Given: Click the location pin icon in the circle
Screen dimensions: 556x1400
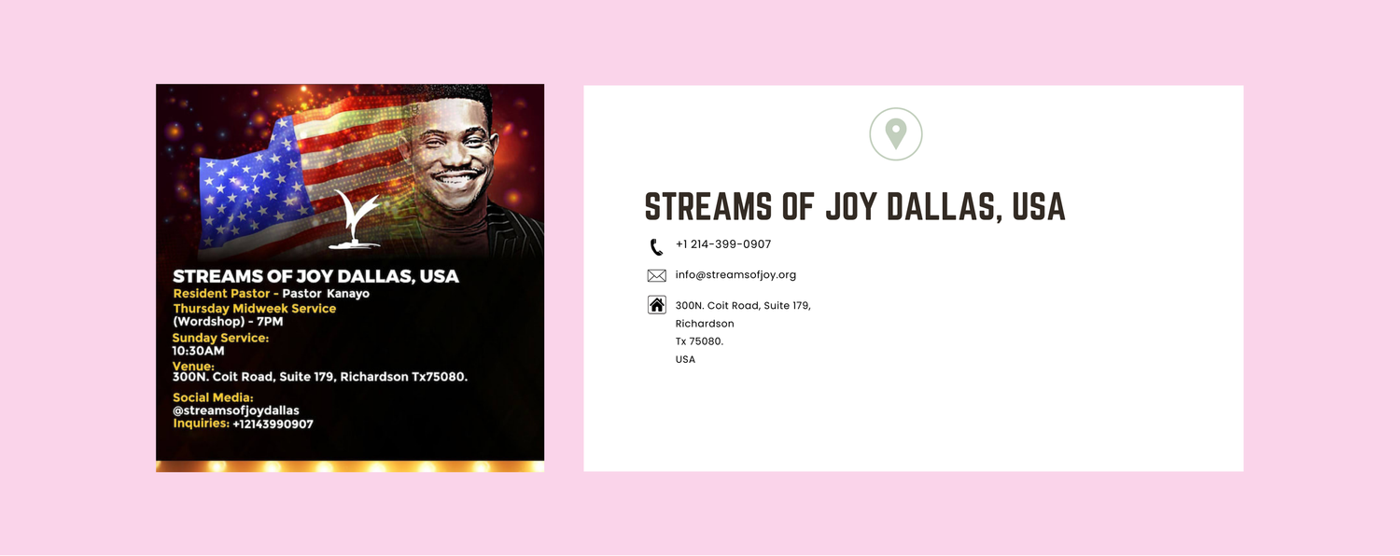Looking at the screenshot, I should pos(896,133).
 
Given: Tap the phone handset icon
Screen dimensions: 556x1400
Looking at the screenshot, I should pos(656,247).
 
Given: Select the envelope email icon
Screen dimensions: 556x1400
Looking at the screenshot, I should pos(657,275).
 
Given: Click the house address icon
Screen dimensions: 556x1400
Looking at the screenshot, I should pos(657,305).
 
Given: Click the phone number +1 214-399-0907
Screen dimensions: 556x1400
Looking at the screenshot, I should pos(723,244).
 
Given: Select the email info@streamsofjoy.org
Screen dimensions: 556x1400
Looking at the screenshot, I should pos(735,275).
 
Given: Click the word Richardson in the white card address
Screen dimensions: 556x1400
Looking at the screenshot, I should pos(705,324).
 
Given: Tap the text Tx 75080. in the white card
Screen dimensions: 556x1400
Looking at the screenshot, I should pos(699,341).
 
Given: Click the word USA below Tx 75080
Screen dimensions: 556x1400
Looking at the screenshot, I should pos(685,359).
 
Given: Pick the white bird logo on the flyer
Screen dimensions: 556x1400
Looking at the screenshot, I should pos(356,222).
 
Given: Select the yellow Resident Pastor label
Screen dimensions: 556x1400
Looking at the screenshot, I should pos(220,294).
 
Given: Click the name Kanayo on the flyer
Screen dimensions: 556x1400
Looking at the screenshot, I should pos(348,294).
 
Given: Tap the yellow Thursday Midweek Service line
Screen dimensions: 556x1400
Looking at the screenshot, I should pos(254,308).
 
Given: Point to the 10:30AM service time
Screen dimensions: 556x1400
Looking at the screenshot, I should pos(198,352).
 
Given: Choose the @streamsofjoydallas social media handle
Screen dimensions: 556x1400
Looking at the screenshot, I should pos(236,410).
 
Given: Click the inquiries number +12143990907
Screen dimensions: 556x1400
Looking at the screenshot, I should pos(273,424).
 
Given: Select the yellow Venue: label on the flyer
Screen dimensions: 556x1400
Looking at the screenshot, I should pos(193,367).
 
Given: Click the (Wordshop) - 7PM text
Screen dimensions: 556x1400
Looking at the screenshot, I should pos(228,322).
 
